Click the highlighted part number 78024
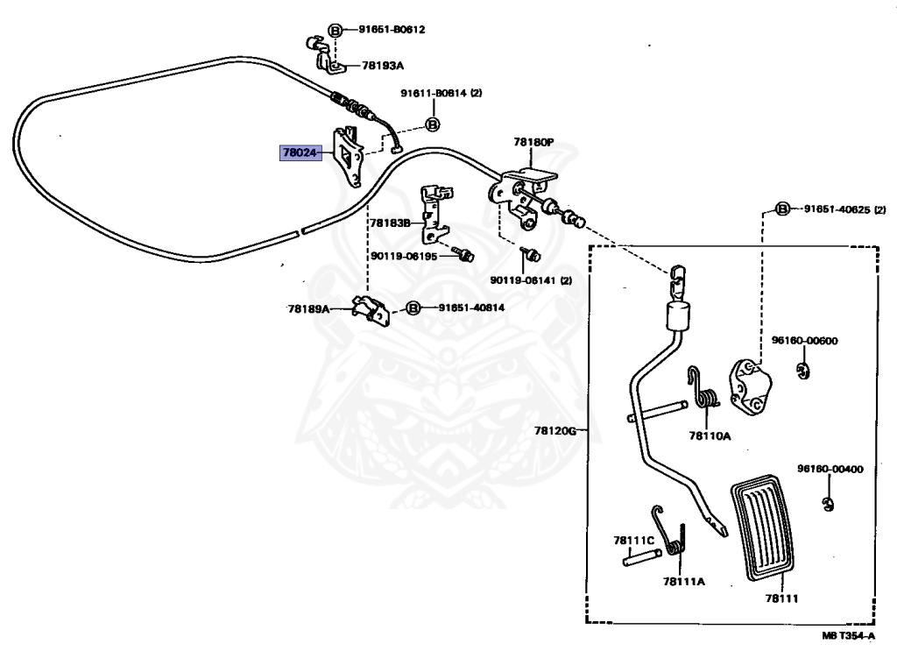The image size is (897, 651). (x=300, y=152)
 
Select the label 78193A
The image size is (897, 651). (x=383, y=65)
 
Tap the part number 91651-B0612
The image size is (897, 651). (x=392, y=29)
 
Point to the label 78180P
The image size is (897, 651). (x=533, y=142)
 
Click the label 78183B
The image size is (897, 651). (x=390, y=223)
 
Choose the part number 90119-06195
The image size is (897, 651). (x=404, y=256)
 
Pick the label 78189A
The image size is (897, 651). (x=309, y=309)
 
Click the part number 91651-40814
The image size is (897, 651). (x=472, y=308)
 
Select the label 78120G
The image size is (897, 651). (x=555, y=430)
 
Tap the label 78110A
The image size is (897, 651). (x=710, y=436)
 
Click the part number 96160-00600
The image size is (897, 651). (x=805, y=340)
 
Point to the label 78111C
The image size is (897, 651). (x=634, y=540)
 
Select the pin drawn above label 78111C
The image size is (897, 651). (x=642, y=557)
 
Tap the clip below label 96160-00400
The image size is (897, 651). (x=828, y=505)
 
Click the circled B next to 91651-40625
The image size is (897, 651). (x=782, y=209)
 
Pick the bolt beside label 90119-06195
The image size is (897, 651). (x=463, y=253)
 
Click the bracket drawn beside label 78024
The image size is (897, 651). (x=348, y=158)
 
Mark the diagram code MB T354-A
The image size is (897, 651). (x=848, y=635)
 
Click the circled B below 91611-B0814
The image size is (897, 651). (x=433, y=124)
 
